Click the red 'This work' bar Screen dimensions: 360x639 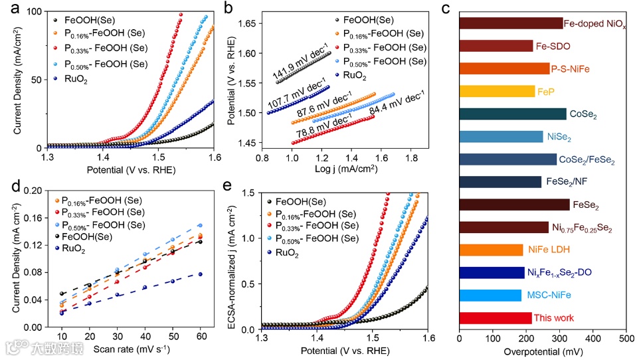[x=495, y=318]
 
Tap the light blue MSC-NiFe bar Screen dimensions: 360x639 [x=490, y=296]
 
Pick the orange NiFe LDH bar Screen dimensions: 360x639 [x=491, y=250]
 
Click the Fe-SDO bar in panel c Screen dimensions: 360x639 [x=496, y=46]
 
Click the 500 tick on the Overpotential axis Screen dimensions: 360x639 [x=626, y=339]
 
